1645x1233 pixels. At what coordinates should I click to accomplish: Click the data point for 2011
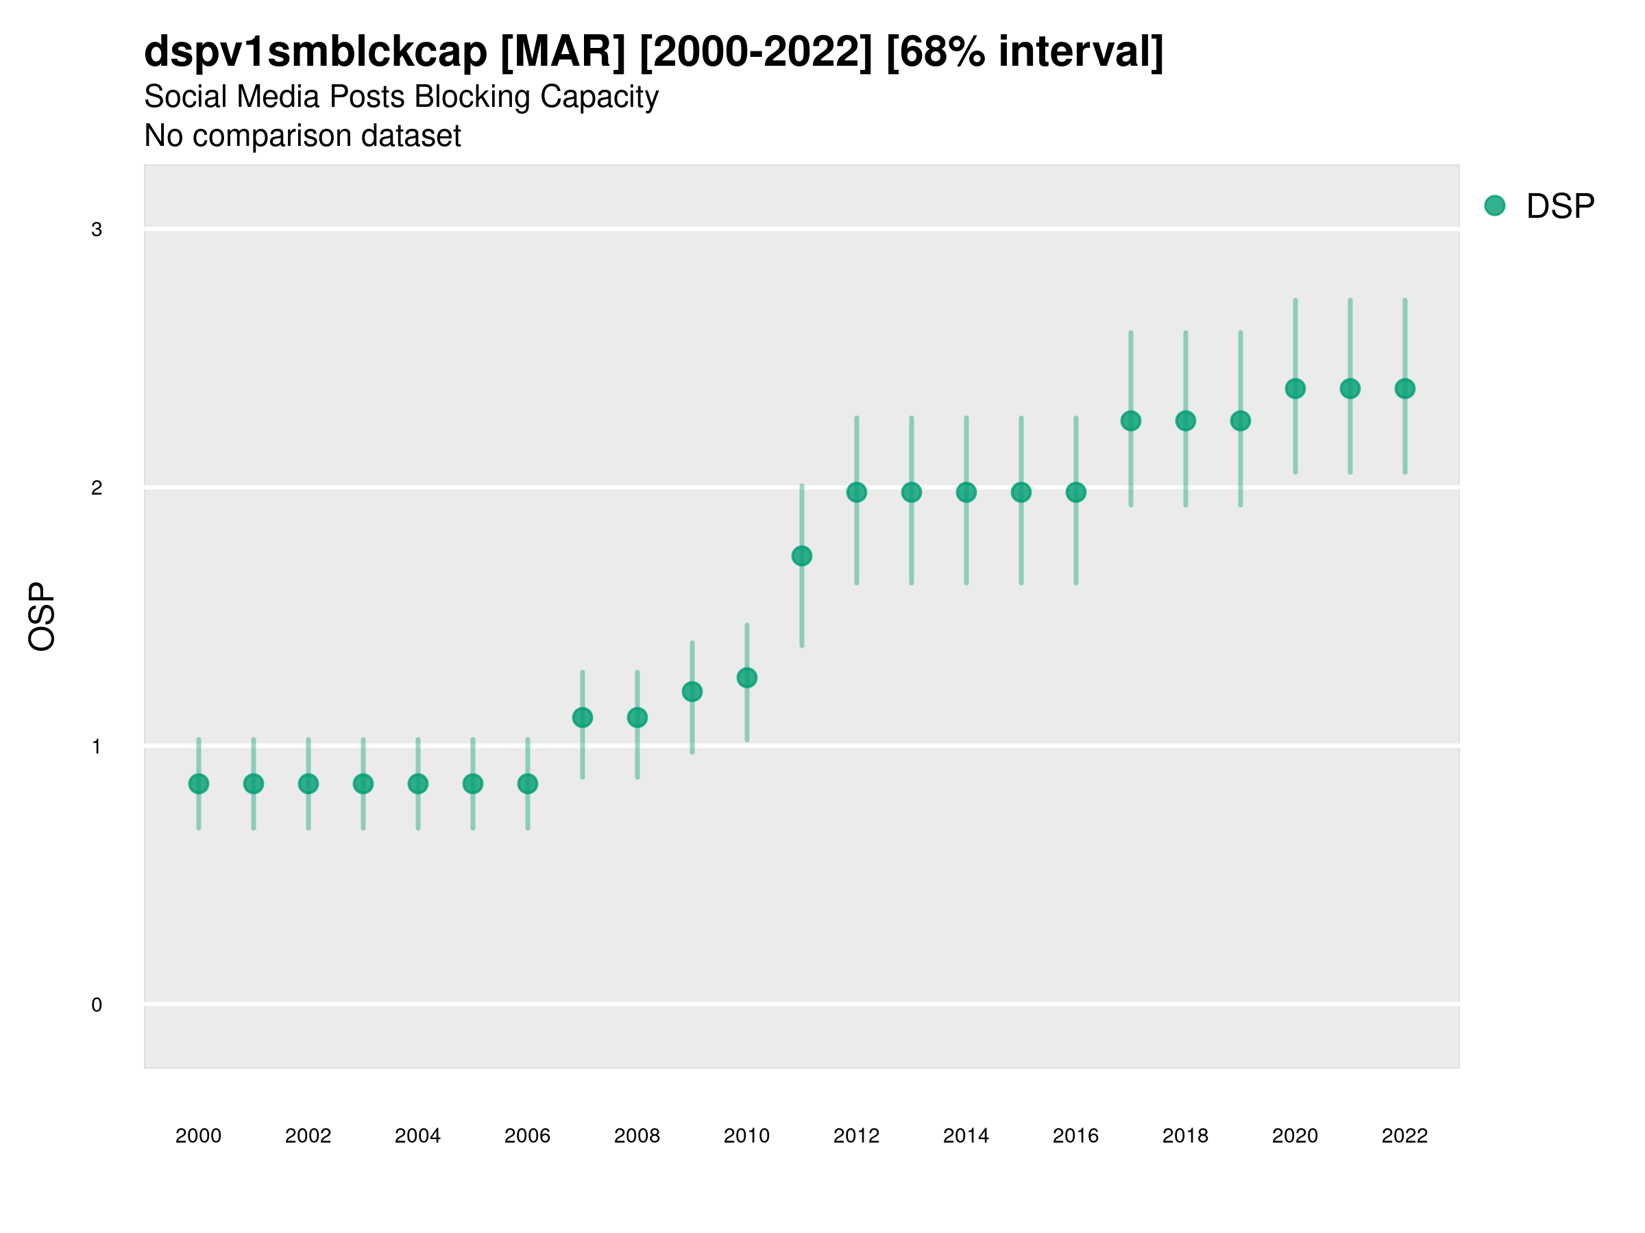(802, 556)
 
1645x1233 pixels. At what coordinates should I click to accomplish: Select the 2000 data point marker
(199, 784)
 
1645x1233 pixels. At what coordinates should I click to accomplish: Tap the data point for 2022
(1405, 388)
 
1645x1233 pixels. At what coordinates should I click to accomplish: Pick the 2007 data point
(583, 717)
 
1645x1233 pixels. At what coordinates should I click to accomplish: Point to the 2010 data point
(746, 678)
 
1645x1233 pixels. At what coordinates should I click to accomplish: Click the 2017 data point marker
(1130, 421)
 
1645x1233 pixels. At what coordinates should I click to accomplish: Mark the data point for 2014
(966, 492)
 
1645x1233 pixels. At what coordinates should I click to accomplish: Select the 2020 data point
(1295, 388)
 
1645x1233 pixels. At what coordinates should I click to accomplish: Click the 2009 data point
(692, 692)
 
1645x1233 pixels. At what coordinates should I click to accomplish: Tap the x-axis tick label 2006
(527, 1136)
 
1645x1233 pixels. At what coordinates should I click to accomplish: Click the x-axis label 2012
(856, 1136)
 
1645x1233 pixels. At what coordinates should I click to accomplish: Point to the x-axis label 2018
(1185, 1136)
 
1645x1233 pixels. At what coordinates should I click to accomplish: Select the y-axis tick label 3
(97, 229)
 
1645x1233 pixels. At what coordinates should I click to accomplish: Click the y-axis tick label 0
(97, 1005)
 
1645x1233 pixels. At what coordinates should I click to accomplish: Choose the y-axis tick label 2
(97, 488)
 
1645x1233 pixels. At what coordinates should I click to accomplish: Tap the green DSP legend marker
(1495, 206)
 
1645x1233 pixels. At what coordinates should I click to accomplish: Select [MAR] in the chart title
(563, 52)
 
